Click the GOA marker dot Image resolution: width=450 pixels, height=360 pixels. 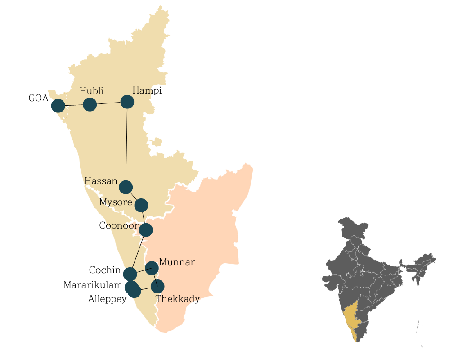[x=58, y=106]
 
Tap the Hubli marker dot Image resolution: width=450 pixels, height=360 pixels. [x=90, y=104]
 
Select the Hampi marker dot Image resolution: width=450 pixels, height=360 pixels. [x=127, y=102]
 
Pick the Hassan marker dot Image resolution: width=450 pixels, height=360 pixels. [x=126, y=187]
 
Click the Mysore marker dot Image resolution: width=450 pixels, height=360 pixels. [x=141, y=205]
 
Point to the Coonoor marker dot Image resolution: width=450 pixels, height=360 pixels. [x=146, y=230]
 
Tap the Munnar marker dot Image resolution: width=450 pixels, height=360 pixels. [x=152, y=268]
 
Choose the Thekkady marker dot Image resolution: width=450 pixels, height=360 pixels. [x=157, y=286]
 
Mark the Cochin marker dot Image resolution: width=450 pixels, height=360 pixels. [x=130, y=274]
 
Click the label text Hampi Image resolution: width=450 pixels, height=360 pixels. [x=147, y=91]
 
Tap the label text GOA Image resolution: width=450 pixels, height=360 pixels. [x=38, y=98]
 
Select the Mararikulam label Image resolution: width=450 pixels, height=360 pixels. [x=93, y=285]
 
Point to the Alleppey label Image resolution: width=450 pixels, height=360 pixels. [x=107, y=299]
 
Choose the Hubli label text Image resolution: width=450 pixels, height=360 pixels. [x=91, y=91]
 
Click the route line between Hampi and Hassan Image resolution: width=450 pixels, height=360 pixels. [x=126, y=144]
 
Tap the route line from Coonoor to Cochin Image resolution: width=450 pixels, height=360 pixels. [x=138, y=252]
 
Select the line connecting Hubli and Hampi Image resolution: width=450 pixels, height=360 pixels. [x=108, y=103]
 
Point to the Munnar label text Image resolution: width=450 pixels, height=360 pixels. [x=177, y=262]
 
